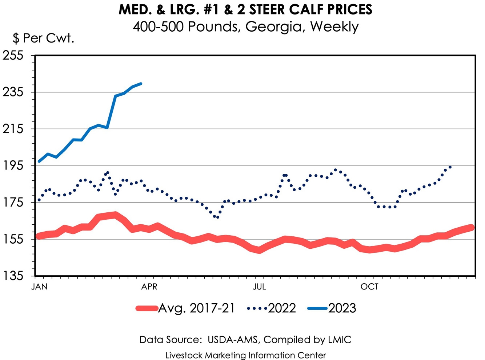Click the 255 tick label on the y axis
tap(13, 56)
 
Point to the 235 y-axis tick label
tap(13, 92)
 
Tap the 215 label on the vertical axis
tap(13, 129)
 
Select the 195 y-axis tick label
tap(13, 166)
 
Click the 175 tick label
tap(13, 203)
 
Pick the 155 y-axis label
tap(13, 239)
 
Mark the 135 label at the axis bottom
tap(13, 276)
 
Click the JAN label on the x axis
tap(39, 287)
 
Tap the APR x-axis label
tap(149, 287)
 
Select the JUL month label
tap(259, 287)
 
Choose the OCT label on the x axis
tap(369, 287)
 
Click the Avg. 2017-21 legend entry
tap(196, 308)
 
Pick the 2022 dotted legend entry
tap(282, 308)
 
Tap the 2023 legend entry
tap(342, 308)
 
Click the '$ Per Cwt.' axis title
tap(44, 38)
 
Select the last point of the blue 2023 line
tap(141, 84)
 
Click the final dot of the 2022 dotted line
tap(450, 167)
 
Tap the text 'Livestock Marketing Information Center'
tap(245, 355)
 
